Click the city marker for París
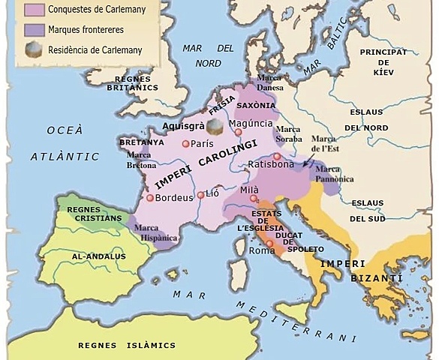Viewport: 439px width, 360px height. click(185, 142)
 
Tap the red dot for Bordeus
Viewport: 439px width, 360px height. click(151, 198)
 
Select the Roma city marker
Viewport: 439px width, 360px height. click(269, 244)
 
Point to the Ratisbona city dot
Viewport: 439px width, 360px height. click(277, 157)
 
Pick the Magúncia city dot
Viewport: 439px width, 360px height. click(239, 132)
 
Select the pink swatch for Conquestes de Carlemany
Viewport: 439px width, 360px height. click(35, 10)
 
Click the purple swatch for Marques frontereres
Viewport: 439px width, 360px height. click(35, 30)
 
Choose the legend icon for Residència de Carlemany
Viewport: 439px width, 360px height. click(35, 51)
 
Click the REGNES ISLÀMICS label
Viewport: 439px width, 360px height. click(116, 345)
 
